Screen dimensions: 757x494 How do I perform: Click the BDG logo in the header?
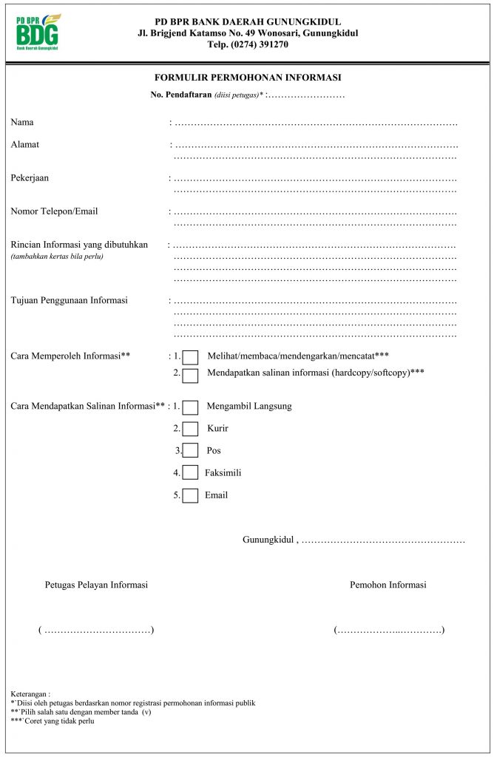(x=38, y=32)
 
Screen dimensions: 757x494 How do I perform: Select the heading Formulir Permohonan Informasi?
(x=247, y=78)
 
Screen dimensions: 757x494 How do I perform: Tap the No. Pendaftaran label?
(x=181, y=95)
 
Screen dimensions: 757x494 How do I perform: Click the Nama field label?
(x=22, y=122)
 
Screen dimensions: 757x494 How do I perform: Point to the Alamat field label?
(x=25, y=144)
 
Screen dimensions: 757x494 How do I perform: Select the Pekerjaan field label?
(x=30, y=178)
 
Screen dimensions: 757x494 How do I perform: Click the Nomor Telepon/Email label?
(x=54, y=211)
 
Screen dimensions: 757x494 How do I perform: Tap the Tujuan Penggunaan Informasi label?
(x=70, y=300)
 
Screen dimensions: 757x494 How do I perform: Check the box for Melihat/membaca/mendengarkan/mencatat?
(x=190, y=358)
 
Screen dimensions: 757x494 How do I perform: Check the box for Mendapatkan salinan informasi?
(x=190, y=376)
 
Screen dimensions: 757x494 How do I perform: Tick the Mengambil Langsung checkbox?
(x=190, y=407)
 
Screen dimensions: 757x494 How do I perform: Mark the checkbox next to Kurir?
(x=190, y=429)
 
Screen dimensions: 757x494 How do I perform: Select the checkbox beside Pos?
(x=190, y=451)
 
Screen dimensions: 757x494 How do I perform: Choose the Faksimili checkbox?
(x=190, y=473)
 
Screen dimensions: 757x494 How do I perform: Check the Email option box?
(x=190, y=495)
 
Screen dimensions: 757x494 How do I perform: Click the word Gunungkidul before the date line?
(x=268, y=540)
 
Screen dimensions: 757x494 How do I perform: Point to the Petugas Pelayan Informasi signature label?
(x=96, y=585)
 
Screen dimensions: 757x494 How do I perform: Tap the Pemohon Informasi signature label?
(x=388, y=585)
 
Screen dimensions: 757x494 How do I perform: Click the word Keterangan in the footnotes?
(x=30, y=694)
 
